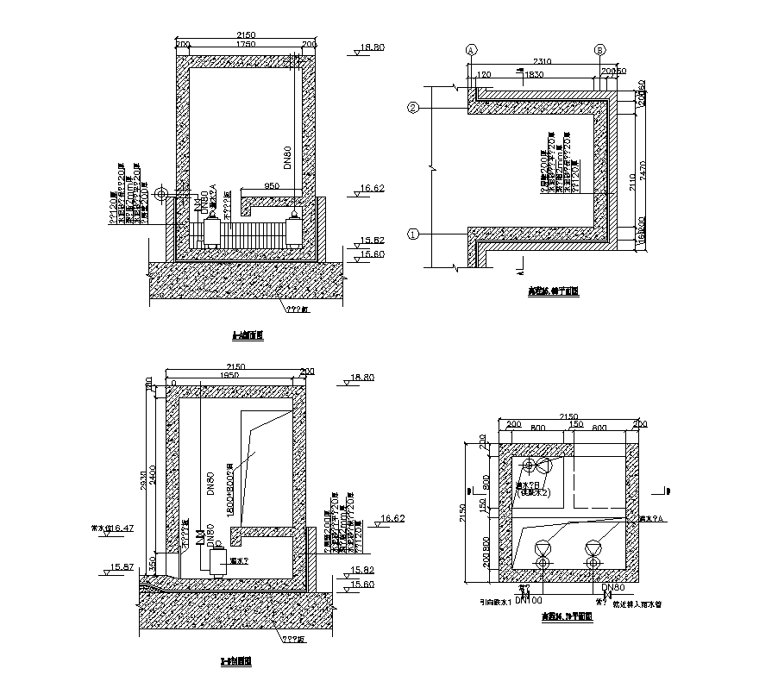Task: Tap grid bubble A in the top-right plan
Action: [x=472, y=51]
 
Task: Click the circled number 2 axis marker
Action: [x=413, y=109]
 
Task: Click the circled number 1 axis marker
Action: [x=413, y=234]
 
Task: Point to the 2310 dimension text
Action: [x=541, y=61]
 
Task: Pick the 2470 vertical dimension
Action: [x=651, y=172]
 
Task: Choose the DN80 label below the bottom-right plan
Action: [x=612, y=586]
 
